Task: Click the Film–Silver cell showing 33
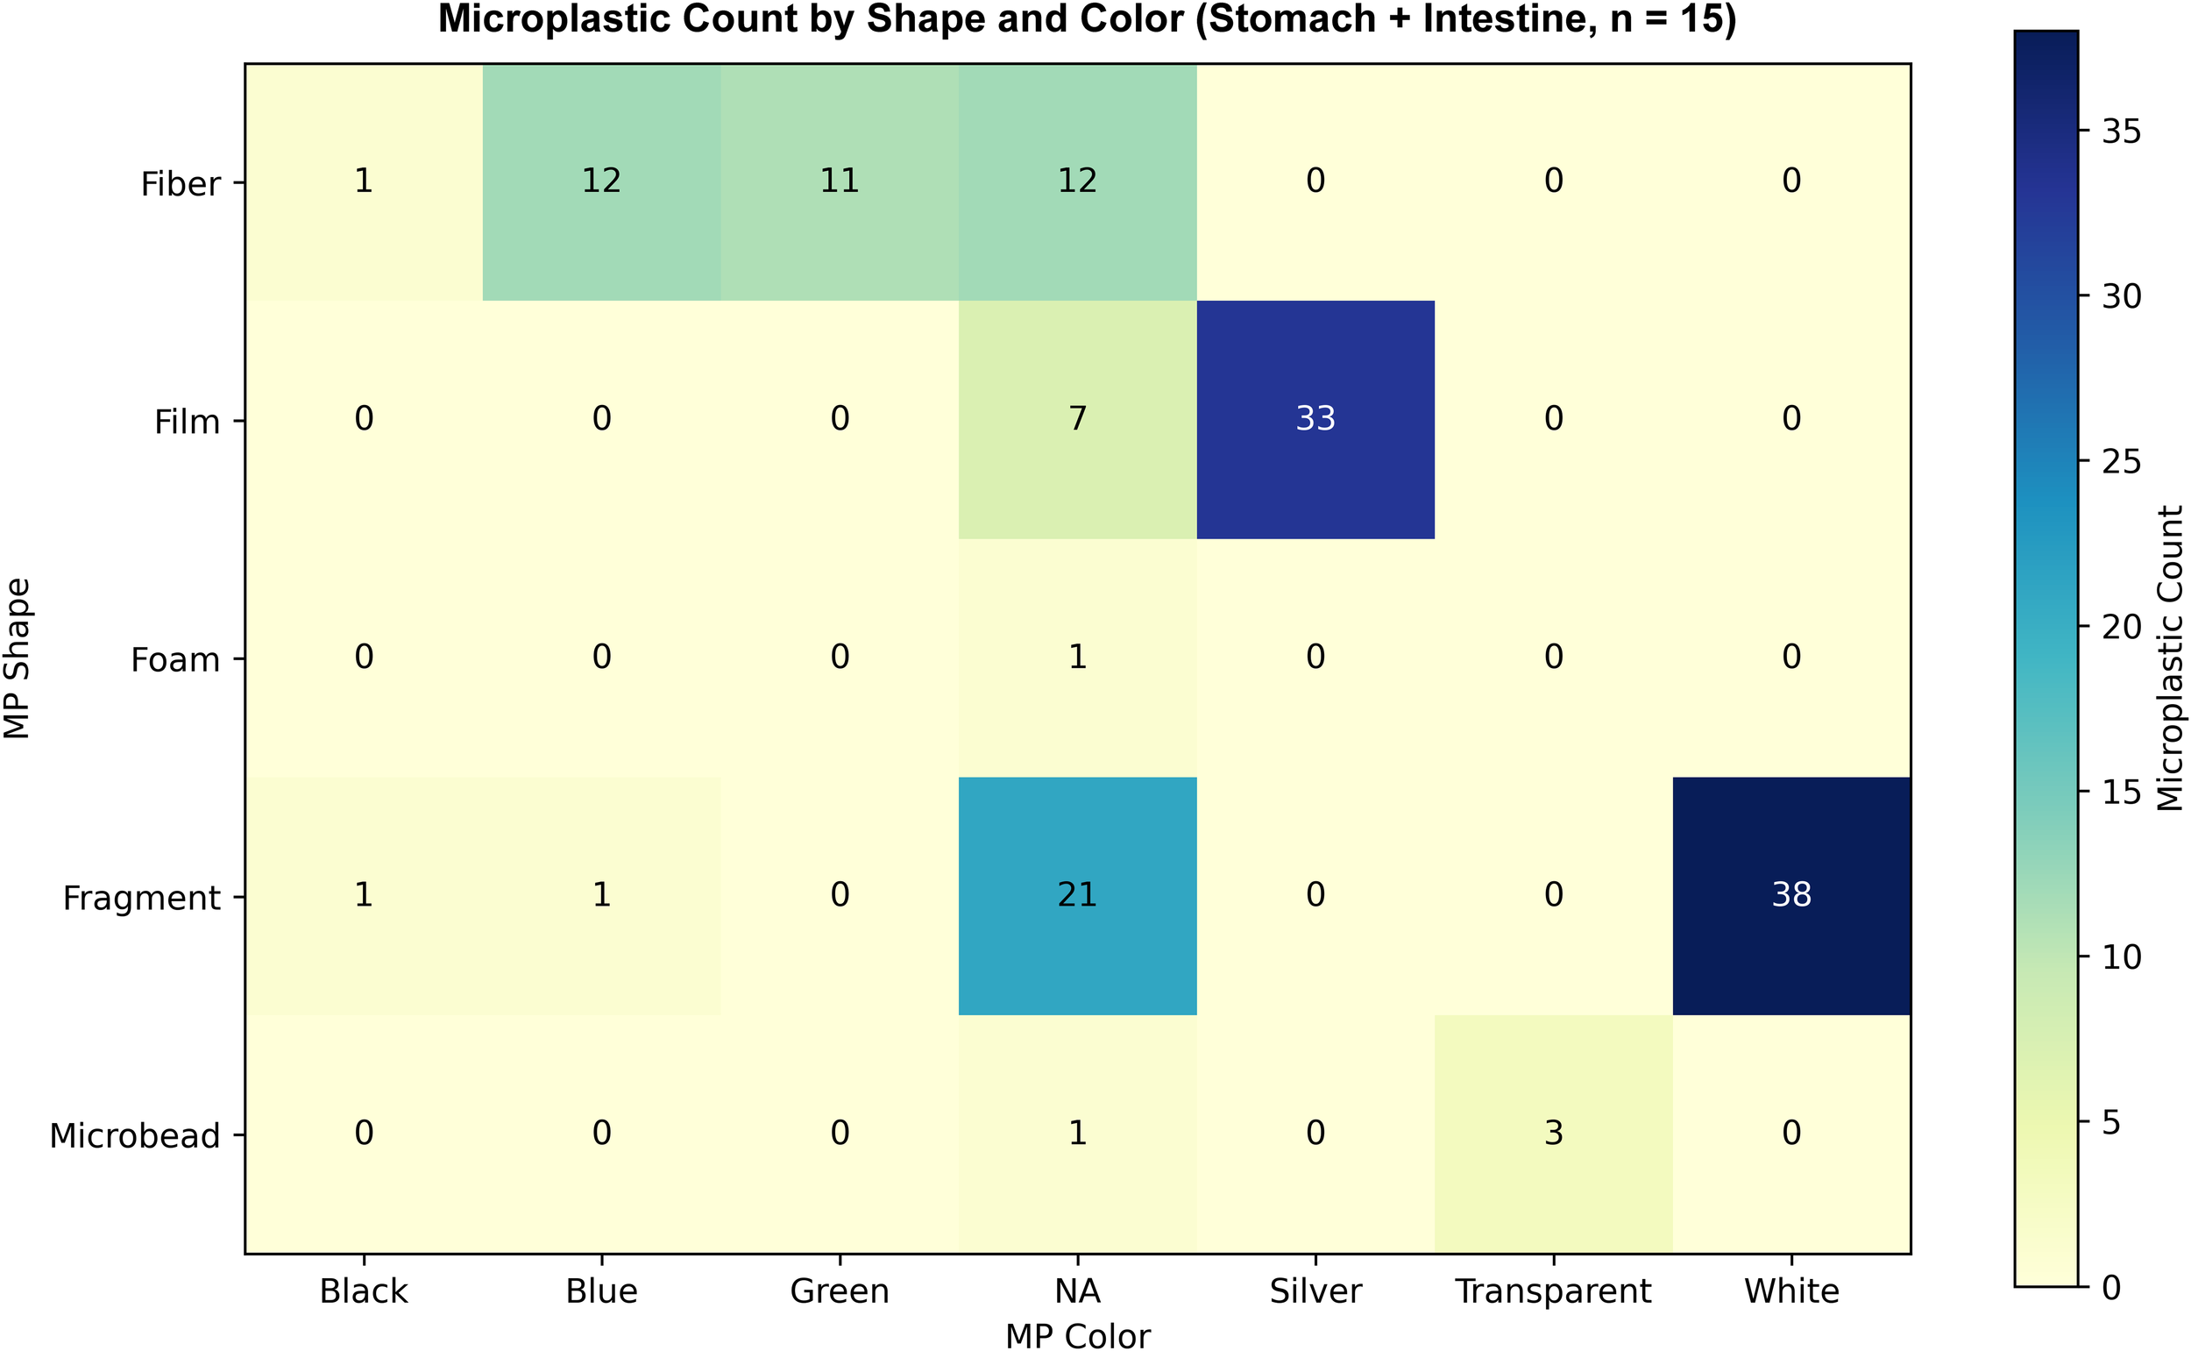coord(1315,419)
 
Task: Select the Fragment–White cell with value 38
coord(1790,895)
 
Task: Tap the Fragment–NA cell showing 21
coord(1077,895)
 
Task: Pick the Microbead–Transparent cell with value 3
coord(1553,1133)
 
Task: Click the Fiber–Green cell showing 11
coord(839,181)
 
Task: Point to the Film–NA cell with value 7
coord(1077,419)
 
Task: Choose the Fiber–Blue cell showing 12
coord(601,181)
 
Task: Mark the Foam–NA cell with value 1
coord(1077,658)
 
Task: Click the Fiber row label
coord(181,184)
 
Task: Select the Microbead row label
coord(135,1135)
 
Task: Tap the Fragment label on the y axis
coord(141,898)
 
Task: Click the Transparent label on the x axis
coord(1553,1291)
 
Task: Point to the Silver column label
coord(1315,1291)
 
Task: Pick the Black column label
coord(364,1291)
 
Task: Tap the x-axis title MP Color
coord(1077,1335)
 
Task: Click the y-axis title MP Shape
coord(18,658)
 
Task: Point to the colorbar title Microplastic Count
coord(2170,658)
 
